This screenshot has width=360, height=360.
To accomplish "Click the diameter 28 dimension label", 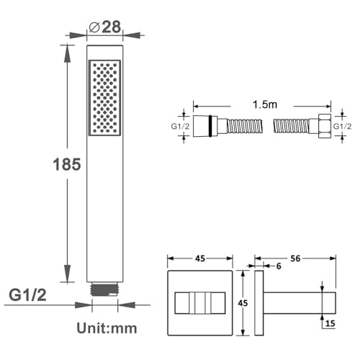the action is click(105, 27).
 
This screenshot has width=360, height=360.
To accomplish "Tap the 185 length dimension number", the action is click(67, 165).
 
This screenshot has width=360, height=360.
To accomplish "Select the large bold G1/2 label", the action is click(27, 295).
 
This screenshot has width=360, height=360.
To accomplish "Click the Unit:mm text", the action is click(107, 328).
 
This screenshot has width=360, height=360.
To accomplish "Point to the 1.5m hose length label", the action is click(265, 104).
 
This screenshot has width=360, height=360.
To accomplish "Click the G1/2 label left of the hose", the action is click(180, 126).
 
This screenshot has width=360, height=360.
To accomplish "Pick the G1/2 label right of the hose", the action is click(343, 126).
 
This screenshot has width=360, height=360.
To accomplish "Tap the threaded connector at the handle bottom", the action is click(104, 289).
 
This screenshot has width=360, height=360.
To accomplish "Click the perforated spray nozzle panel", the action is click(104, 98).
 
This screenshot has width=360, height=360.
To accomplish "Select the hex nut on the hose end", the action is click(325, 126).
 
